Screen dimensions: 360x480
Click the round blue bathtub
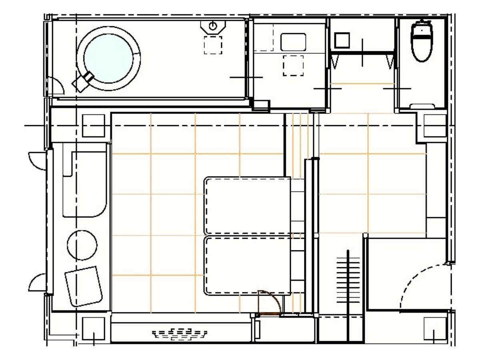point(108,58)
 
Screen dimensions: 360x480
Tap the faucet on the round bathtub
point(83,81)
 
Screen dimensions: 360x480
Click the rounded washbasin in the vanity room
point(293,42)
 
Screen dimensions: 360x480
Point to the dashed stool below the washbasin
point(293,66)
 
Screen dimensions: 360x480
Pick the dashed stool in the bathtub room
point(213,45)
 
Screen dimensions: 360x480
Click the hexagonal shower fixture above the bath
point(213,26)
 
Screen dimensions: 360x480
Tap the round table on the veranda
point(82,245)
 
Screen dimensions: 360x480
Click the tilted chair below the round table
point(84,286)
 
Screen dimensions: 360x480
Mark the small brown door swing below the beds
point(269,302)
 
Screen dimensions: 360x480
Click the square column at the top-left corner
point(93,126)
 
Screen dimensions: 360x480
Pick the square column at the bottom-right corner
point(435,329)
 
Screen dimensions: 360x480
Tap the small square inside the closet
point(342,40)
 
